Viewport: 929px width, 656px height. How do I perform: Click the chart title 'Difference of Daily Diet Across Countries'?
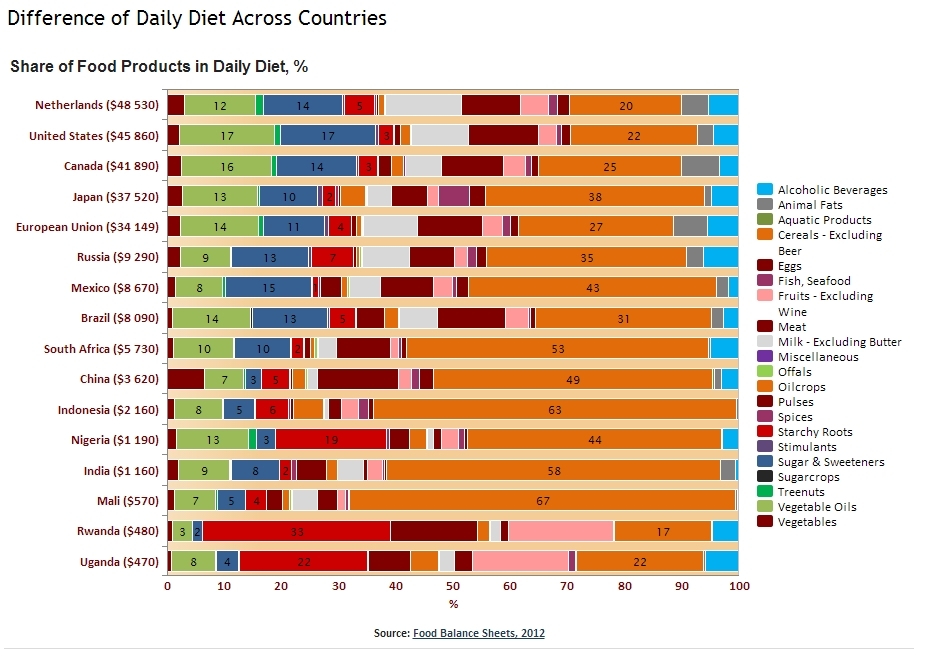click(197, 19)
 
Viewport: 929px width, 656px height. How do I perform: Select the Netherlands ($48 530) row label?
click(97, 105)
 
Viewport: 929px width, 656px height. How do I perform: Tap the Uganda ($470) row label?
click(119, 562)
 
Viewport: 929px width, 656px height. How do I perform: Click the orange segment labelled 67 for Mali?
click(543, 500)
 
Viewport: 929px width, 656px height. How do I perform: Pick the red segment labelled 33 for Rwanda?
click(297, 531)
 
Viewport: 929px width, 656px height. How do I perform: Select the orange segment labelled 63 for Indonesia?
click(555, 409)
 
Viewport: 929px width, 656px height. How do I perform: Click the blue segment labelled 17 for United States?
click(328, 135)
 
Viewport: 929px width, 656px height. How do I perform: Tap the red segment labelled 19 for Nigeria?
click(332, 439)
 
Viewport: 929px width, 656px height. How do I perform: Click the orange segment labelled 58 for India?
click(553, 470)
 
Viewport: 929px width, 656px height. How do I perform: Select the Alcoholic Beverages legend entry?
click(832, 190)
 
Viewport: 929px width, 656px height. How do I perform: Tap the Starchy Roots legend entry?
click(815, 432)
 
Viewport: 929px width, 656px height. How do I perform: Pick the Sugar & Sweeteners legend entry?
click(831, 462)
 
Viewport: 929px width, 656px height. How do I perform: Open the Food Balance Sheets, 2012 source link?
click(479, 633)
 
